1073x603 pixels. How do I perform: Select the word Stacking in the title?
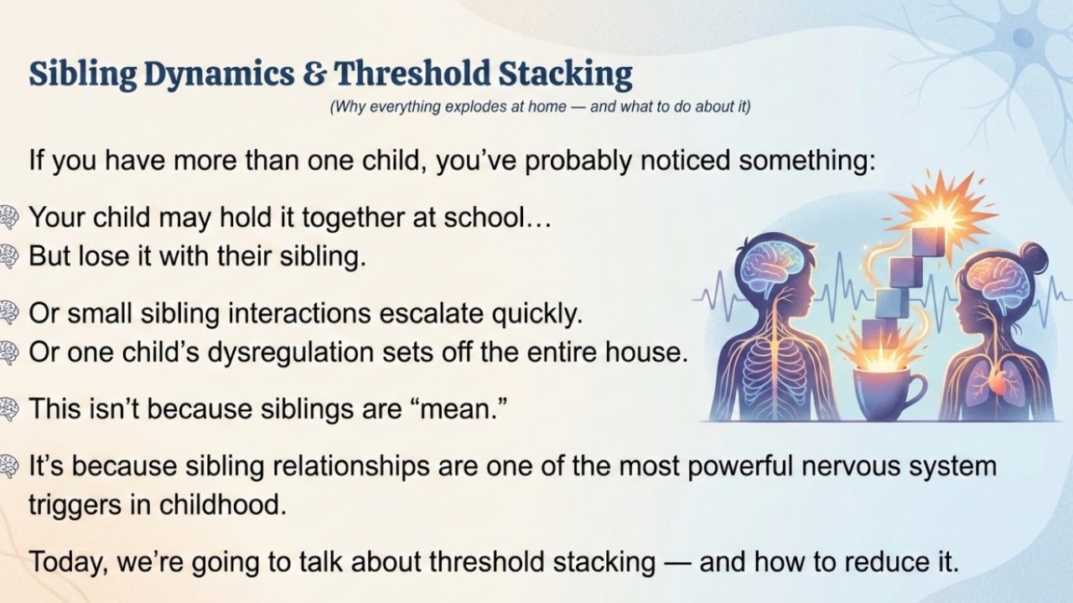[x=565, y=75]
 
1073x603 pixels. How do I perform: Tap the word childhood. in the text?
[x=222, y=505]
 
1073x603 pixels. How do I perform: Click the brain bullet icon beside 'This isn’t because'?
[x=8, y=410]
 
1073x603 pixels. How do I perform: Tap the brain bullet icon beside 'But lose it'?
[x=8, y=256]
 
